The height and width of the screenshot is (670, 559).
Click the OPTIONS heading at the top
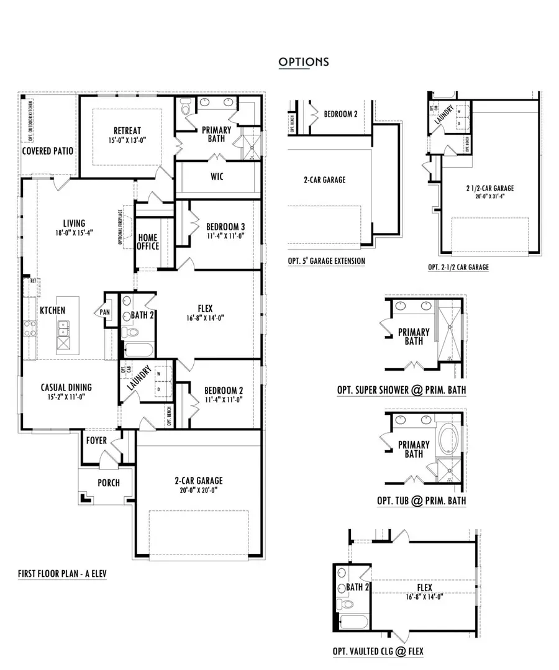coord(303,61)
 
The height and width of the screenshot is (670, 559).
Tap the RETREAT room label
coord(129,130)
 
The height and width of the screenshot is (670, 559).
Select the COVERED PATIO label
coord(48,151)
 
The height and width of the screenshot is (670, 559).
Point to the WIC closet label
coord(217,177)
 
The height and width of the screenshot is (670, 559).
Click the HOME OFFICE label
coord(148,242)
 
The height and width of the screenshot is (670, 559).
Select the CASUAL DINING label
coord(67,386)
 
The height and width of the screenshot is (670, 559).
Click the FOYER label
coord(96,441)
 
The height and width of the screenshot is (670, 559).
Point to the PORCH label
coord(109,482)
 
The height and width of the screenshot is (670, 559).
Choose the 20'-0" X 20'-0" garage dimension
coord(198,490)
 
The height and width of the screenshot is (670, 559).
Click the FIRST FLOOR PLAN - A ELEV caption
coord(62,574)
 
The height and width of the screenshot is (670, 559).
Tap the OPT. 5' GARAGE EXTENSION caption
coord(326,261)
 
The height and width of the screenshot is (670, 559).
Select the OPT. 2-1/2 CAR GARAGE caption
coord(458,267)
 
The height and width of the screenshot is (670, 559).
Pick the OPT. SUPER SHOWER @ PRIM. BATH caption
coord(401,390)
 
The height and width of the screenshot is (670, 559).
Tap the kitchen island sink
coord(63,332)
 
